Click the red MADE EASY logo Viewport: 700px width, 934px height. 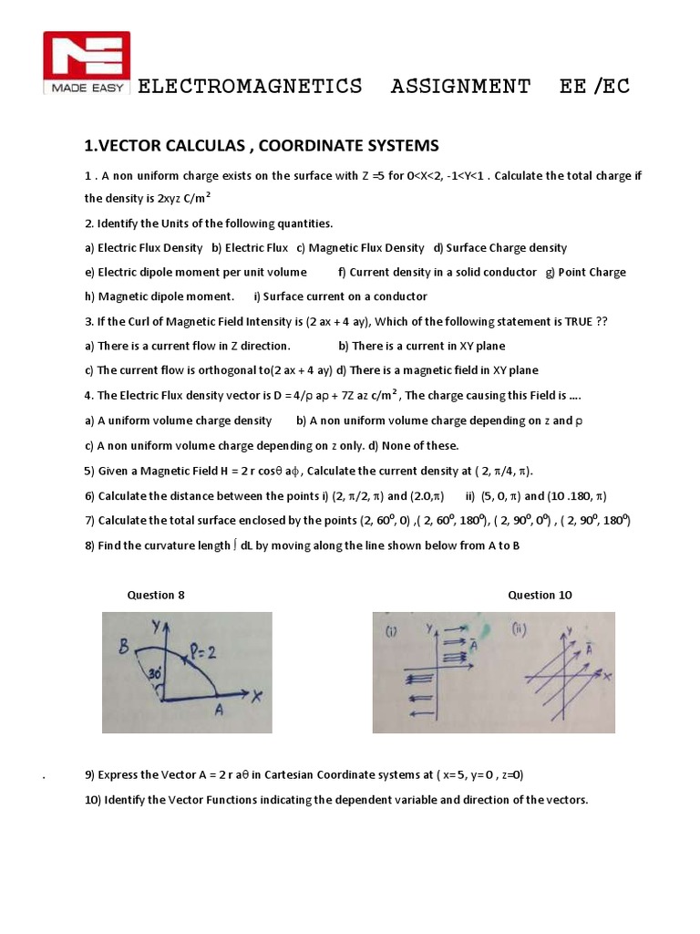click(x=87, y=63)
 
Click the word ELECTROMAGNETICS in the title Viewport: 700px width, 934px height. click(x=249, y=87)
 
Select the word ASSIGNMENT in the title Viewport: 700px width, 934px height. click(x=460, y=87)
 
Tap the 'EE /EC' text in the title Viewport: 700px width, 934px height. click(x=594, y=87)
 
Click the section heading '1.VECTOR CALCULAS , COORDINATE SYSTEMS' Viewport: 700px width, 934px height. click(x=262, y=146)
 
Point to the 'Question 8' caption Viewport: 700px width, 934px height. click(x=156, y=595)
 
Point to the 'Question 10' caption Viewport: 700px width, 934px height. click(x=540, y=595)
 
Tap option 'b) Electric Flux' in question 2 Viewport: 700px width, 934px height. click(x=250, y=248)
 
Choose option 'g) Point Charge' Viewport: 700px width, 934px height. click(x=585, y=272)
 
